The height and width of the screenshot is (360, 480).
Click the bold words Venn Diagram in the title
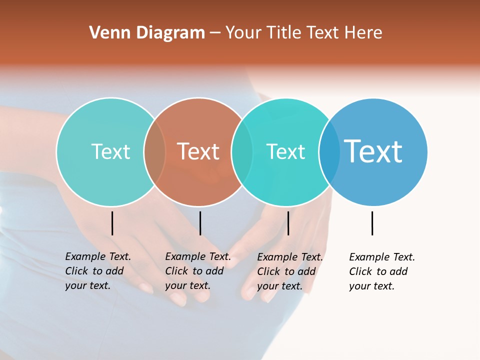[x=147, y=33]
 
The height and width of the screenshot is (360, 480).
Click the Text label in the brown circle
[x=198, y=151]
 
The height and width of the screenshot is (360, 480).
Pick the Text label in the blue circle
[x=373, y=151]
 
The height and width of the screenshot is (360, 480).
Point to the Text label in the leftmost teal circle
[x=110, y=151]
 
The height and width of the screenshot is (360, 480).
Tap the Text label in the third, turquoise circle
[x=285, y=151]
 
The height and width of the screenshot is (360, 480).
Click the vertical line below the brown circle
[x=200, y=223]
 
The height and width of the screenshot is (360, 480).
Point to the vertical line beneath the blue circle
[x=372, y=223]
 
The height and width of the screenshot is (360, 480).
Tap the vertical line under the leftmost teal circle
[x=112, y=223]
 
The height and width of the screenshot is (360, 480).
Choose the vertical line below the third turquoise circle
[x=288, y=223]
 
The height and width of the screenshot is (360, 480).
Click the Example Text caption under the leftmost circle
[x=98, y=271]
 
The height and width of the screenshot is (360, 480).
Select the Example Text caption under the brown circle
[x=198, y=271]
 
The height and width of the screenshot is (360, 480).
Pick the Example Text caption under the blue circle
[x=382, y=271]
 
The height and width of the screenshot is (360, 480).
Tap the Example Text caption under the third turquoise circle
[x=290, y=271]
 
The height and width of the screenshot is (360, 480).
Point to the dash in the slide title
[x=215, y=33]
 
